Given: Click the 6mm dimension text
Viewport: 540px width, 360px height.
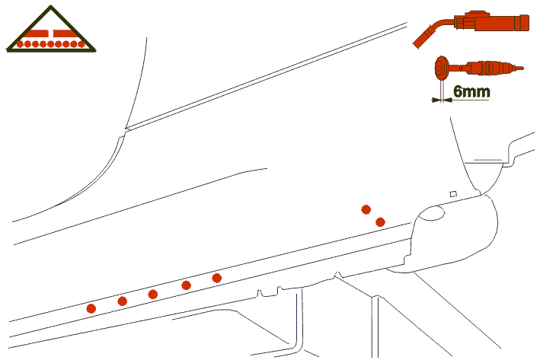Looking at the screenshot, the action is point(471,91).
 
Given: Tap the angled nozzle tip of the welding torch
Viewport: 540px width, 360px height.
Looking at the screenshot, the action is point(422,40).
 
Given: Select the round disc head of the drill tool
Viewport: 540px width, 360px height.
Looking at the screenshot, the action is point(442,68).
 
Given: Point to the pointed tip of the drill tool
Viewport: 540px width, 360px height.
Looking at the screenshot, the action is point(521,68).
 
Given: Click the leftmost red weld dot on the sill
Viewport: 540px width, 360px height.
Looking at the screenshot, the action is point(91,309).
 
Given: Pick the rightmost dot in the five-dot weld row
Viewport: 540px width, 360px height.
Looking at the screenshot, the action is point(216,278).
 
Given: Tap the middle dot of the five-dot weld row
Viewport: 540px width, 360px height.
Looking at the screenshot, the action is point(153,295).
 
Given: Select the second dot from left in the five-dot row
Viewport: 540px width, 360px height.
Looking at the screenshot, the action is point(123,301).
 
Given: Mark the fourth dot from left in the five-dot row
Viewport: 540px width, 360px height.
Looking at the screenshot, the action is point(186,285).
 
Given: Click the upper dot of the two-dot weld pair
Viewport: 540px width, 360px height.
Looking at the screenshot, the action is point(366,209).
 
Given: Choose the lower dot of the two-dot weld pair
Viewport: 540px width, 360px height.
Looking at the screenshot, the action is point(380,222).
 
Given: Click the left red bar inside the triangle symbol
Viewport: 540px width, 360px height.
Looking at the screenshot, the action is point(37,33).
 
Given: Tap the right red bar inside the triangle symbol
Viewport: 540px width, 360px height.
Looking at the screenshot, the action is point(65,33).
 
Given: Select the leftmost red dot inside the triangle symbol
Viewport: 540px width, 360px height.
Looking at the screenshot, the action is point(20,44).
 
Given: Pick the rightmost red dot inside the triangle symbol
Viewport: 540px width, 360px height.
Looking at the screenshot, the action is point(81,44).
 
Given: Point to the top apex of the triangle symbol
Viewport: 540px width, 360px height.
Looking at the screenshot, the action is point(51,6).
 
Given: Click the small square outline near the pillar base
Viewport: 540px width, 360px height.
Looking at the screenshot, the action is point(454,194).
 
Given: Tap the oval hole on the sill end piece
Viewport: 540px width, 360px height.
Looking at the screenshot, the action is point(433,213).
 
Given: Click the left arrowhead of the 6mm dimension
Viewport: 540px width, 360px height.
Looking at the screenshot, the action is point(436,100).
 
